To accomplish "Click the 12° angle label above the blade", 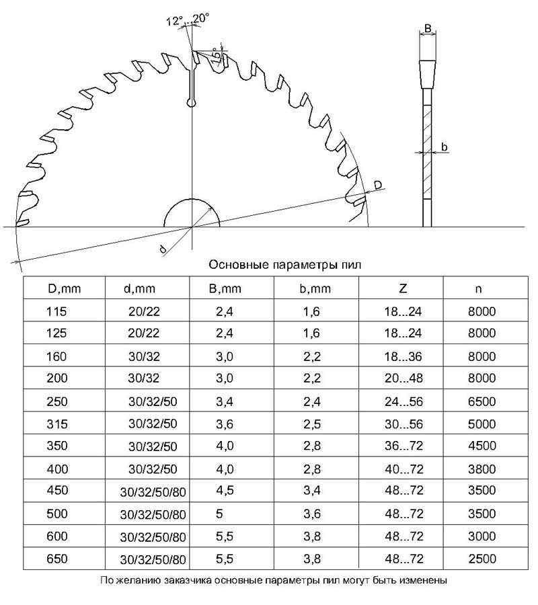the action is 174,21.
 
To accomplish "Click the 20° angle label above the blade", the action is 200,18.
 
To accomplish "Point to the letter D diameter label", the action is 378,186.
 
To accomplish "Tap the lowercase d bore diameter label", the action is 163,249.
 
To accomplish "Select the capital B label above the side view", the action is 428,28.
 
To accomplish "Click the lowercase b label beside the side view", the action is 445,147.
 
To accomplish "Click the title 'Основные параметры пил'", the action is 285,265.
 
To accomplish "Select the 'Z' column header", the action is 403,288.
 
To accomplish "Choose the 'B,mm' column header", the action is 225,288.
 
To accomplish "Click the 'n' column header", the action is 479,289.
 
